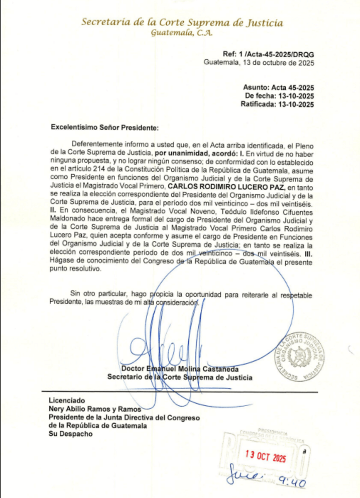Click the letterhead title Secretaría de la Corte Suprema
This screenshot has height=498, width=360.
click(x=182, y=23)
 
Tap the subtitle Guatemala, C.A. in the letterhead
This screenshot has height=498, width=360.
click(x=182, y=34)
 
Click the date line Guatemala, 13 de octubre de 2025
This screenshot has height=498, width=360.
click(x=259, y=63)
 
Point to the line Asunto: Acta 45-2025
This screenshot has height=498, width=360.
click(x=278, y=88)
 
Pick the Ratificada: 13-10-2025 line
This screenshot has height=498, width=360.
click(x=277, y=105)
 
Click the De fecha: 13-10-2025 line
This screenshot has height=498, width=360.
click(x=280, y=96)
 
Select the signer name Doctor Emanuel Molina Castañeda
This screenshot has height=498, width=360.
click(x=180, y=369)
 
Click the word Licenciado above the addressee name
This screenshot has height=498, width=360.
click(x=67, y=400)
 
